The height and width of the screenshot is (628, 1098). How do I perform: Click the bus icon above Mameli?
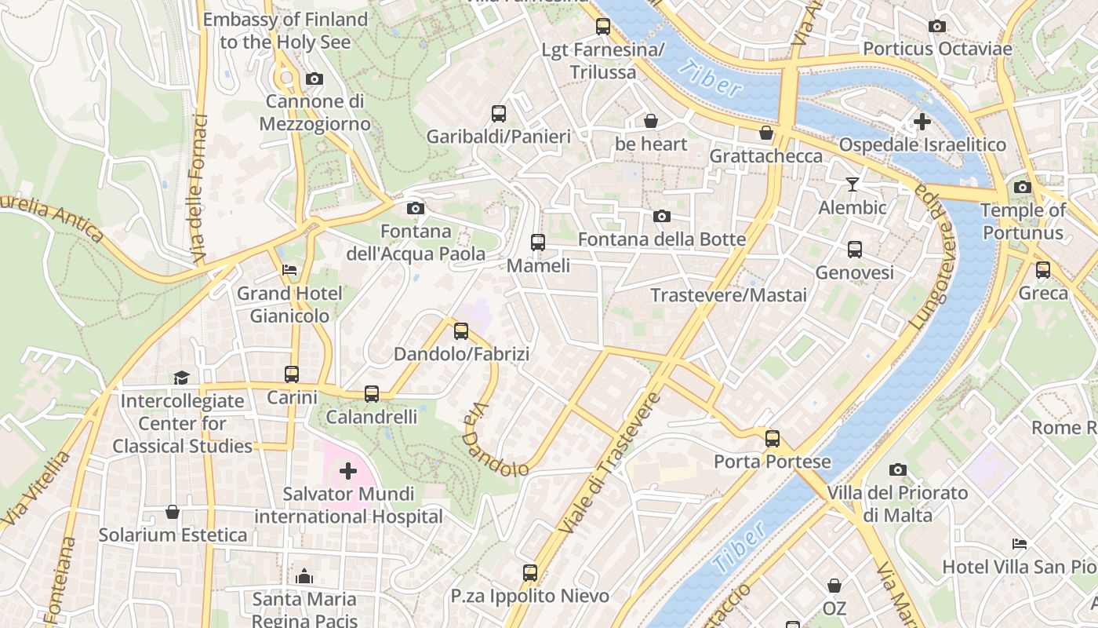pyautogui.click(x=537, y=243)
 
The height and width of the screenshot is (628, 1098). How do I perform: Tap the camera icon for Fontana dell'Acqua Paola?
pyautogui.click(x=416, y=208)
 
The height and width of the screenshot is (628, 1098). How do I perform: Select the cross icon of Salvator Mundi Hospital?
pyautogui.click(x=348, y=471)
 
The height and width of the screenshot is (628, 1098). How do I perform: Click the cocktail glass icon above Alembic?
pyautogui.click(x=853, y=184)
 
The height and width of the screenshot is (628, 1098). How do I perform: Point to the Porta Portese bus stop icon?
pyautogui.click(x=773, y=439)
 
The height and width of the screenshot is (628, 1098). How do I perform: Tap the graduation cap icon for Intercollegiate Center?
pyautogui.click(x=182, y=378)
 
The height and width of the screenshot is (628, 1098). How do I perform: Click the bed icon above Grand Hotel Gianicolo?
pyautogui.click(x=289, y=270)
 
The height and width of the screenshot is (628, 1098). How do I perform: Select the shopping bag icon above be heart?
pyautogui.click(x=651, y=121)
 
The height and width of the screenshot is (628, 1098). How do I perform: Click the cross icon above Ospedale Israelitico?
pyautogui.click(x=922, y=122)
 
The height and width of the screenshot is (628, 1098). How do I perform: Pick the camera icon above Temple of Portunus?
pyautogui.click(x=1022, y=187)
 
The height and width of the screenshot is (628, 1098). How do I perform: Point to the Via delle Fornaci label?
pyautogui.click(x=199, y=188)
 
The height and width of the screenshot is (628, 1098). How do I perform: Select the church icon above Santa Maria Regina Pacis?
pyautogui.click(x=304, y=576)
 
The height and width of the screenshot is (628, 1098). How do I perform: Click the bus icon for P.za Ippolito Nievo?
pyautogui.click(x=530, y=573)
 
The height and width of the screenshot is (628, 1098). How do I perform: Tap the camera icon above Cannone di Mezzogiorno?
pyautogui.click(x=314, y=78)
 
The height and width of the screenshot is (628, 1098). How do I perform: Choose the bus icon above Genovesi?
pyautogui.click(x=855, y=250)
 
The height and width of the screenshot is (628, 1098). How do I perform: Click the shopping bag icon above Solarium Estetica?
pyautogui.click(x=173, y=512)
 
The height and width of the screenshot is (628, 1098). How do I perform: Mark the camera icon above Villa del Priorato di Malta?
pyautogui.click(x=898, y=470)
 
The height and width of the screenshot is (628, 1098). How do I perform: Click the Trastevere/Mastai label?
pyautogui.click(x=729, y=295)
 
